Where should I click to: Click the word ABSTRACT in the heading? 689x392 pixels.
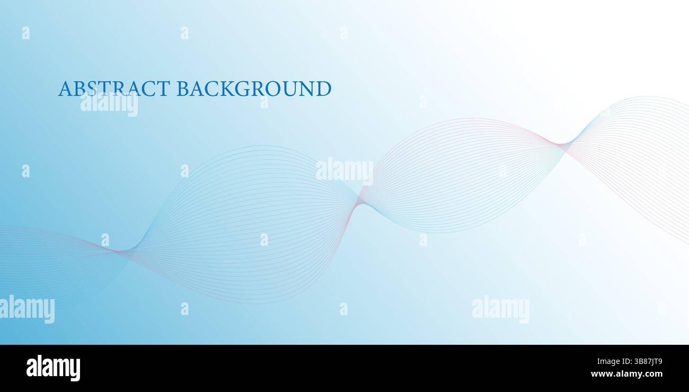pyautogui.click(x=114, y=89)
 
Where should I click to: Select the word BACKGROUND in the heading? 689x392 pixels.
pyautogui.click(x=254, y=89)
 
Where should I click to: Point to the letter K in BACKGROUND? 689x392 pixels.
pyautogui.click(x=227, y=89)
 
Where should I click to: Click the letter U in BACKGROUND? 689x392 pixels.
pyautogui.click(x=289, y=89)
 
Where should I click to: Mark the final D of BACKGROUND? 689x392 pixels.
pyautogui.click(x=323, y=89)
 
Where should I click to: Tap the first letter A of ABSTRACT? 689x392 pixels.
pyautogui.click(x=65, y=89)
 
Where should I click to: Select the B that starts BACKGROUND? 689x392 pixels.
pyautogui.click(x=182, y=89)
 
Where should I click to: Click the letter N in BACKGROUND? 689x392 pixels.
pyautogui.click(x=306, y=89)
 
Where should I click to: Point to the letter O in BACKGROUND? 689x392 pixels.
pyautogui.click(x=273, y=89)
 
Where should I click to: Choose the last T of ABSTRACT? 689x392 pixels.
pyautogui.click(x=163, y=89)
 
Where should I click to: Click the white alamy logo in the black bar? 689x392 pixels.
pyautogui.click(x=53, y=368)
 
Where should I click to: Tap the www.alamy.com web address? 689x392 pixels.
pyautogui.click(x=626, y=374)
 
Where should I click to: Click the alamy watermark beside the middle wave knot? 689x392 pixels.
pyautogui.click(x=344, y=171)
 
